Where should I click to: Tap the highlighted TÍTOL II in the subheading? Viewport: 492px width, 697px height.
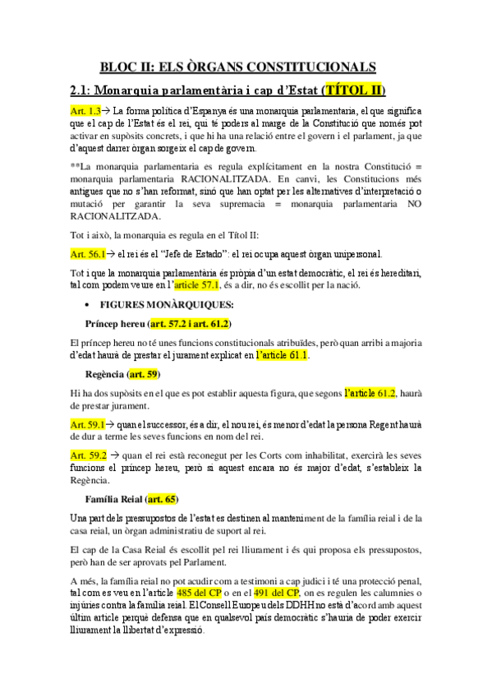click(354, 90)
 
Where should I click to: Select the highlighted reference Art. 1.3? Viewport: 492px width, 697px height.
click(85, 110)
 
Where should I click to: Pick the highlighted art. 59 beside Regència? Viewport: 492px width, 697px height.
click(144, 375)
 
